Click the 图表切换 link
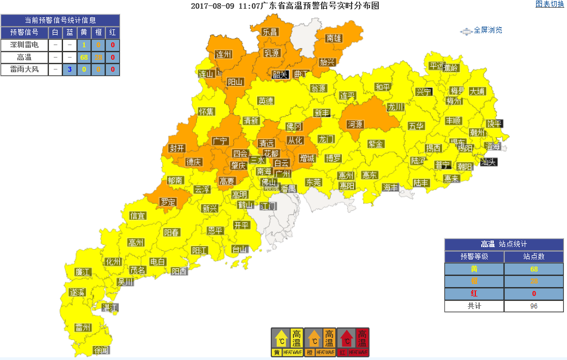pos(550,4)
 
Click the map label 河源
pos(354,124)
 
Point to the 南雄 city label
pos(334,39)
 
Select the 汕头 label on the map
pos(488,161)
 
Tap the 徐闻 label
pos(101,350)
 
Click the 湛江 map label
pos(110,307)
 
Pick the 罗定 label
pos(168,202)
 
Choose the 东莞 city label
pos(313,182)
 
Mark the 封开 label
pos(177,148)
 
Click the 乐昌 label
pos(270,32)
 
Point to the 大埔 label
pos(477,91)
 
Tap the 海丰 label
pos(390,187)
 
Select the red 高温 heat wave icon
pos(353,342)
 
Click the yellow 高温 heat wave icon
pos(288,342)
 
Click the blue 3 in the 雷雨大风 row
pos(69,69)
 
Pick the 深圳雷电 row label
pos(24,45)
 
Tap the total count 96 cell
pos(533,306)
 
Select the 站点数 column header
pos(533,256)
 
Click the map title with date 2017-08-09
pos(285,6)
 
